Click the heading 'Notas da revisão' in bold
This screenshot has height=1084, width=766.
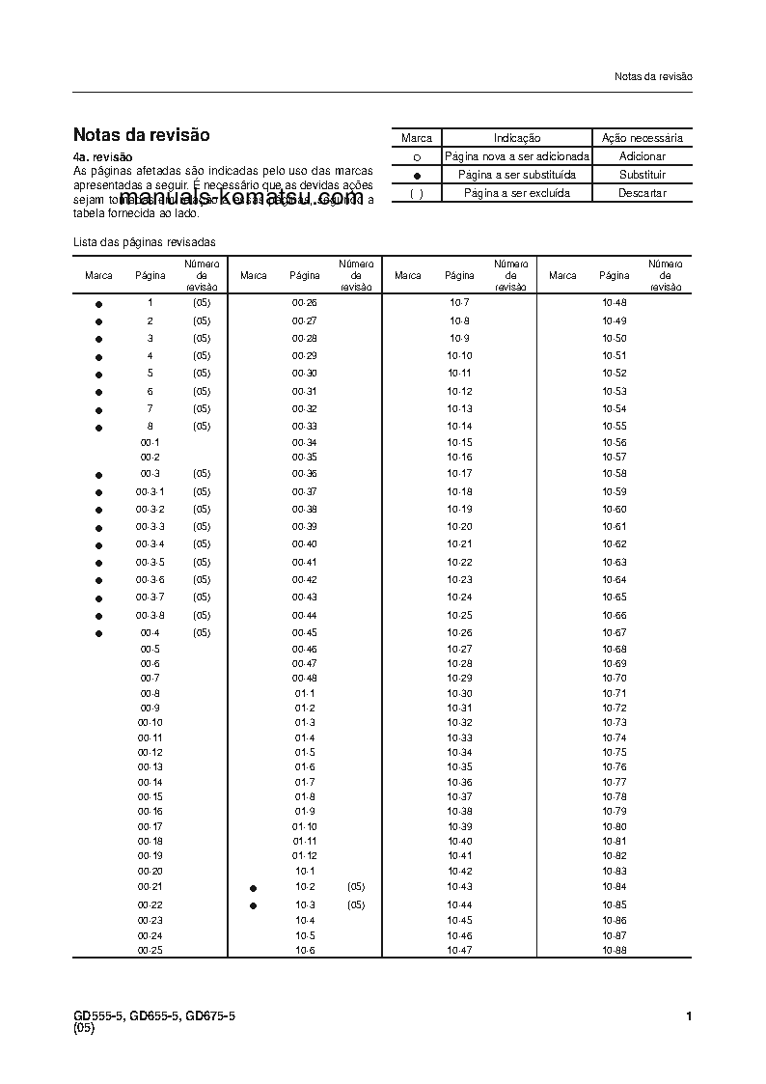141,135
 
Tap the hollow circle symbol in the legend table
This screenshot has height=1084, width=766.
417,156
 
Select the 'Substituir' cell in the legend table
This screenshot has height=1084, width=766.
642,175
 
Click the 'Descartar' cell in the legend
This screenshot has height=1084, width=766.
642,193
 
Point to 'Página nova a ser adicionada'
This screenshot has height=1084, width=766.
516,156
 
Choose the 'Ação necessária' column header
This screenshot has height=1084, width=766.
642,138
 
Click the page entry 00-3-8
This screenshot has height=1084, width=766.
150,615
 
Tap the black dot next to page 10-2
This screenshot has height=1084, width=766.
253,887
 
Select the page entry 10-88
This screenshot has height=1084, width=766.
615,951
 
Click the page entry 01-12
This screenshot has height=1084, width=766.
305,856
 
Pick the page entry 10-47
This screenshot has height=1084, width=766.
459,951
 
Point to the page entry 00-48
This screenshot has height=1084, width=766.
305,679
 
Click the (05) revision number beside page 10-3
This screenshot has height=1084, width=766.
356,904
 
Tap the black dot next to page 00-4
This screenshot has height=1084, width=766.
98,633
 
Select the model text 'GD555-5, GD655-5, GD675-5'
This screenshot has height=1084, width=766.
154,1015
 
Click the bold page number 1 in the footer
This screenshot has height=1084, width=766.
688,1015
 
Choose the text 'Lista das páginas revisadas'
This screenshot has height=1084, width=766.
145,242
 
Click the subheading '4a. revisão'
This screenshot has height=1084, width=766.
102,156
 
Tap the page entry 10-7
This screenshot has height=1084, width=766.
459,303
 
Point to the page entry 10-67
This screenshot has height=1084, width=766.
615,633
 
